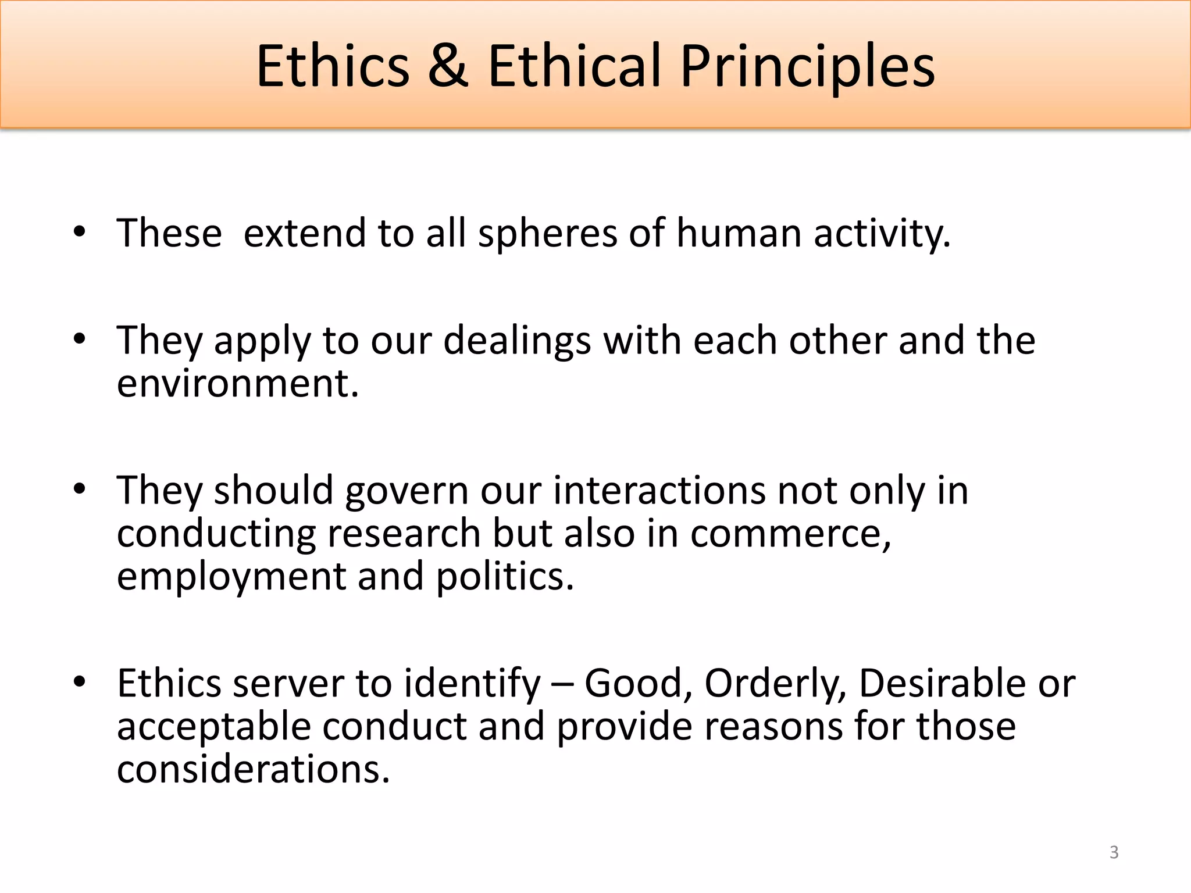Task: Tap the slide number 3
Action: pyautogui.click(x=1114, y=852)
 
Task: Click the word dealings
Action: pyautogui.click(x=517, y=341)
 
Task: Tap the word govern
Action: pyautogui.click(x=406, y=491)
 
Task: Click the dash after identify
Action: pyautogui.click(x=562, y=684)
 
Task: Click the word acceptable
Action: pyautogui.click(x=214, y=728)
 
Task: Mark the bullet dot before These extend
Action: pyautogui.click(x=80, y=232)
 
